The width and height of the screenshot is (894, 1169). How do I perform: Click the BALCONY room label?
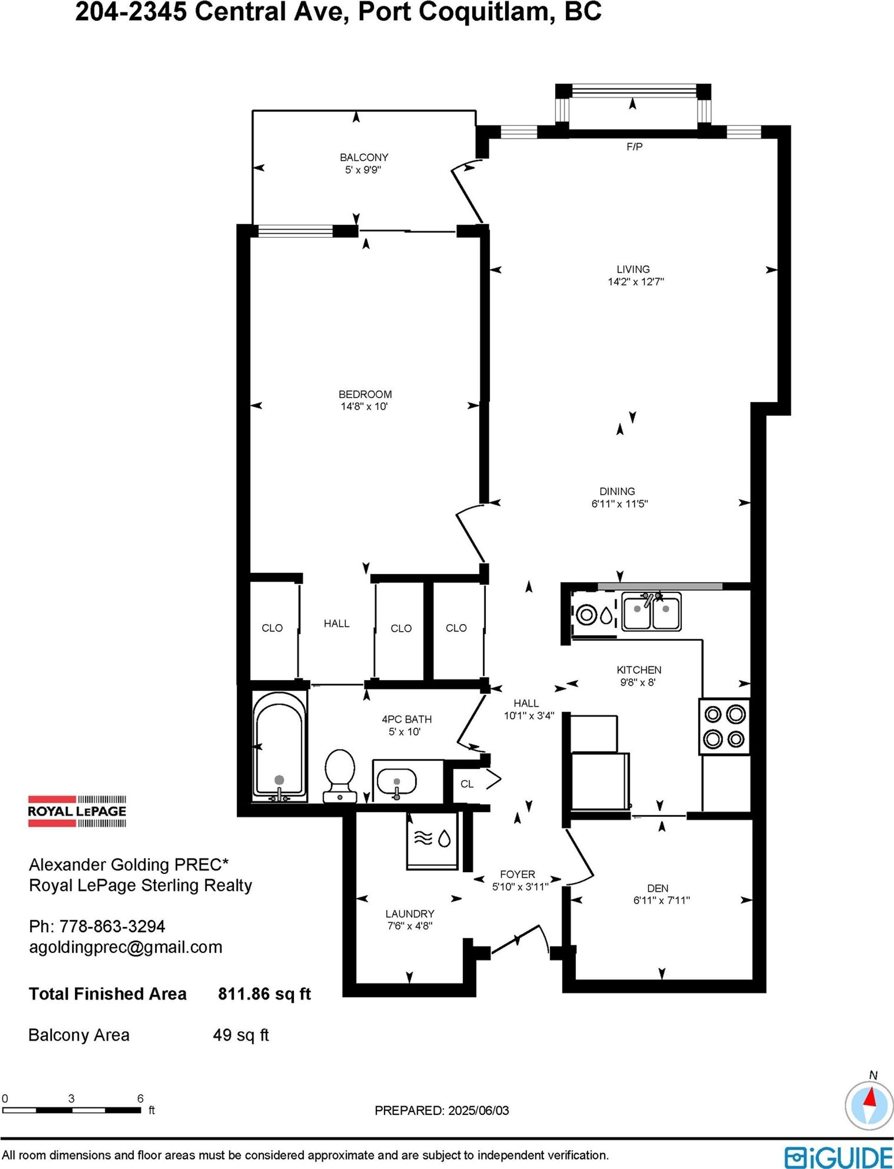(364, 157)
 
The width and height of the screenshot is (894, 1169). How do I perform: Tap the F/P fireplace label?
(634, 146)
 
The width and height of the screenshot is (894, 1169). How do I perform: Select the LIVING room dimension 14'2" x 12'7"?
(636, 282)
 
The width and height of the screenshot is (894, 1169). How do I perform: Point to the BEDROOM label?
(365, 394)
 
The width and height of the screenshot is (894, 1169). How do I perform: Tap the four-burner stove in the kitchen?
(724, 727)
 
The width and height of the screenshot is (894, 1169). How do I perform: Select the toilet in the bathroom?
(339, 776)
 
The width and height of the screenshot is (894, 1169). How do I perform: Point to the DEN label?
(658, 888)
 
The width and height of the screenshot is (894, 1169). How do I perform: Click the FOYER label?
(517, 874)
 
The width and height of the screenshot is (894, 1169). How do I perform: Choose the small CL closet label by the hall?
(467, 784)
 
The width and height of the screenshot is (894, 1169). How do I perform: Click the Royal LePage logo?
(77, 811)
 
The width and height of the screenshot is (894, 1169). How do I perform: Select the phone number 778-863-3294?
(112, 926)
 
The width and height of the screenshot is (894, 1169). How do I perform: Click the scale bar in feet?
(72, 1110)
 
